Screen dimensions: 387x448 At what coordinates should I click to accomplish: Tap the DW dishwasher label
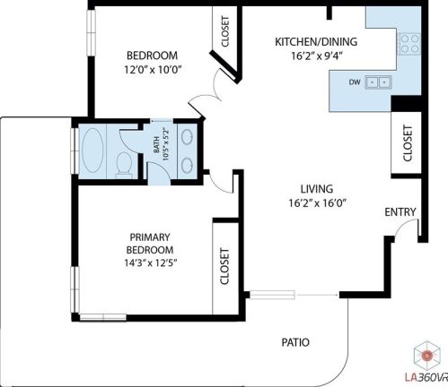(355, 82)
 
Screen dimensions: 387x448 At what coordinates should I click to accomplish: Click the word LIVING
(317, 189)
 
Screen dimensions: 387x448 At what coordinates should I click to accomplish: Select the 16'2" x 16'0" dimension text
(317, 203)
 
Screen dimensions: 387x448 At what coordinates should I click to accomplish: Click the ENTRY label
(400, 212)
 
